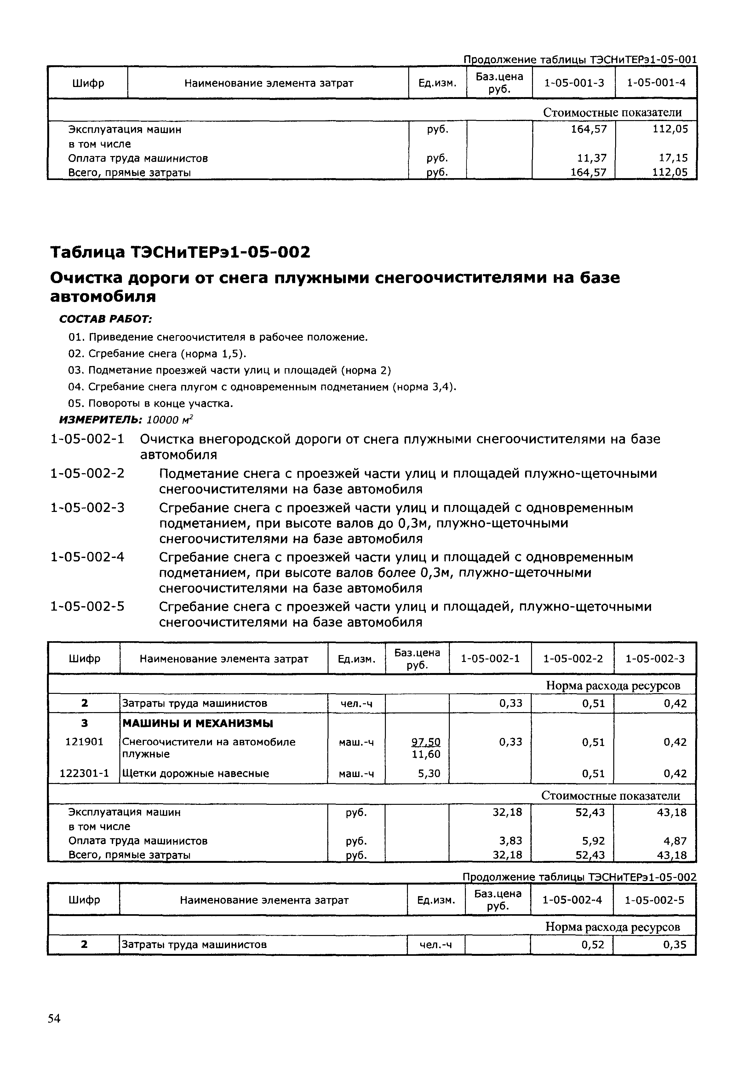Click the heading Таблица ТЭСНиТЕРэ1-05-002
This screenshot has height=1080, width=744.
180,253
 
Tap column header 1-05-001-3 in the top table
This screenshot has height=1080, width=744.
574,83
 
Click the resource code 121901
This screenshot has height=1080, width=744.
84,742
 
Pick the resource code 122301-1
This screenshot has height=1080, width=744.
84,774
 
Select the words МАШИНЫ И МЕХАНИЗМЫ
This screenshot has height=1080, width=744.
197,723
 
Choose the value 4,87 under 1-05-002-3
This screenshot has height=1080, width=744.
675,841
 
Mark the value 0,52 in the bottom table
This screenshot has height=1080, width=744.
592,945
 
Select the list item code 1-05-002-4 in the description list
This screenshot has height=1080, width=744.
88,557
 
